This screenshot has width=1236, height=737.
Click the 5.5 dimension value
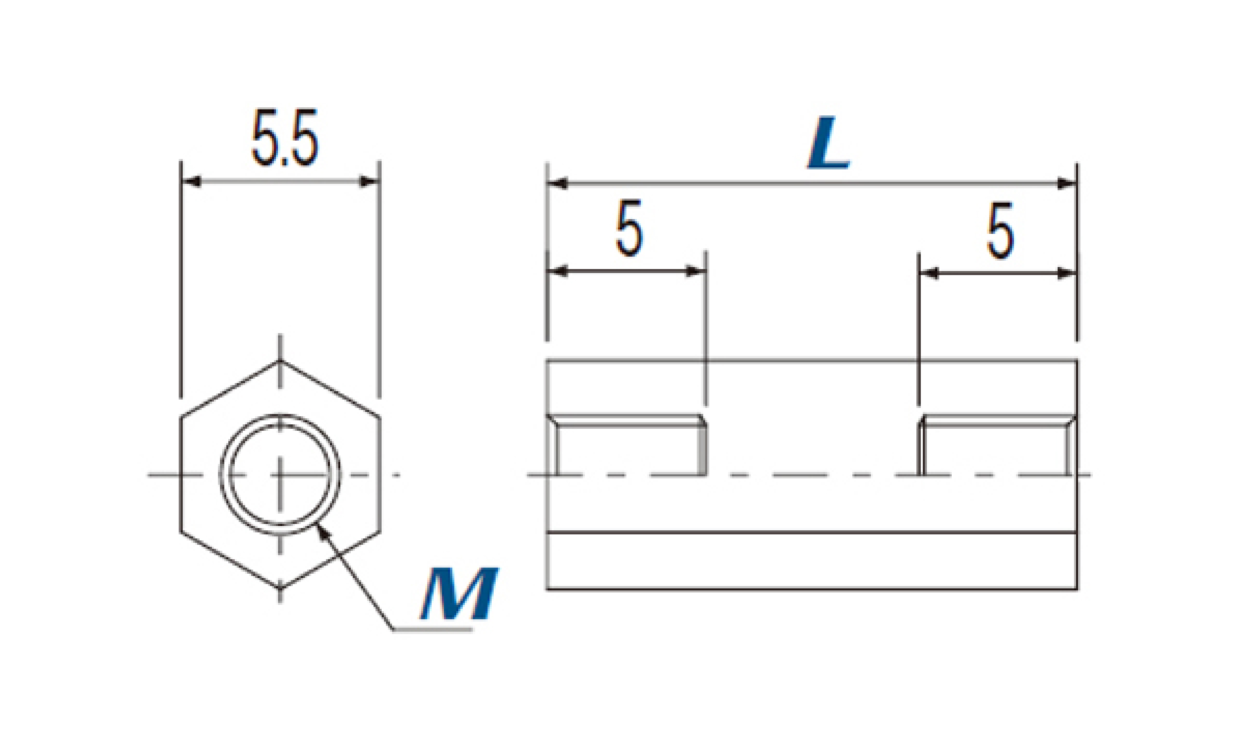pyautogui.click(x=284, y=138)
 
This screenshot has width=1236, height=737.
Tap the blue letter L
pyautogui.click(x=829, y=143)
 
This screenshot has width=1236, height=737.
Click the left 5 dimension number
pyautogui.click(x=629, y=228)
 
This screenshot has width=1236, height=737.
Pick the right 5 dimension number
pyautogui.click(x=1000, y=230)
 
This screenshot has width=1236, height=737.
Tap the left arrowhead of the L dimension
pyautogui.click(x=557, y=184)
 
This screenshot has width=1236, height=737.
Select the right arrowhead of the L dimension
pyautogui.click(x=1067, y=184)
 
